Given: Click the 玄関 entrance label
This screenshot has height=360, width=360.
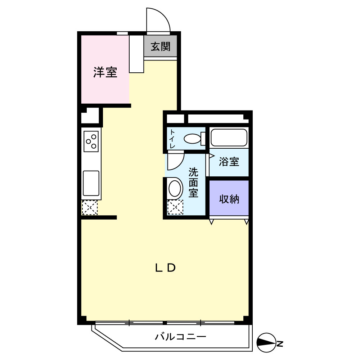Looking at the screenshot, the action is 161,46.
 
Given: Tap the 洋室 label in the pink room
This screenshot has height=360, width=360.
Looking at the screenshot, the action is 105,72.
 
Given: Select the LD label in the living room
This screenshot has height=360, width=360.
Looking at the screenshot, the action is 166,268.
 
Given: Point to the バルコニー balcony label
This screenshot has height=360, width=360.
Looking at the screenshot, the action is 180,337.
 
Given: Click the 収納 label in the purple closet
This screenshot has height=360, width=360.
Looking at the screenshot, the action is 229,199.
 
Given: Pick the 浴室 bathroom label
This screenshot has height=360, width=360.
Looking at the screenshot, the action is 229,161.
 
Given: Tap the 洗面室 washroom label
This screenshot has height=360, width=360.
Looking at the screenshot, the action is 193,183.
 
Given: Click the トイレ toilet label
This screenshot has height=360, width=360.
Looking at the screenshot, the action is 172,139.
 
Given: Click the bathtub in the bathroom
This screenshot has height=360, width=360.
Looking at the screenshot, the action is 229,138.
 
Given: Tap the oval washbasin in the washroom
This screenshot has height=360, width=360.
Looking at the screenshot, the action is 175,188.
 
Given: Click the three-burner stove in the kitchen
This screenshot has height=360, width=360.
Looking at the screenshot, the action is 91,141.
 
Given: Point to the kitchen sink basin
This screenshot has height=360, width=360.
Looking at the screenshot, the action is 91,183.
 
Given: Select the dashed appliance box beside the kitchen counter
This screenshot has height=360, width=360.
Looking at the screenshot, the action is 90,208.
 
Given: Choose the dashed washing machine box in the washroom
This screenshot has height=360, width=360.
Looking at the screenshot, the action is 175,207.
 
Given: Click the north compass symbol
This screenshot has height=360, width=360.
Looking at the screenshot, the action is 266,343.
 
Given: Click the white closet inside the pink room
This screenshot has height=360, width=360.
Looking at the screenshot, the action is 136,54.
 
